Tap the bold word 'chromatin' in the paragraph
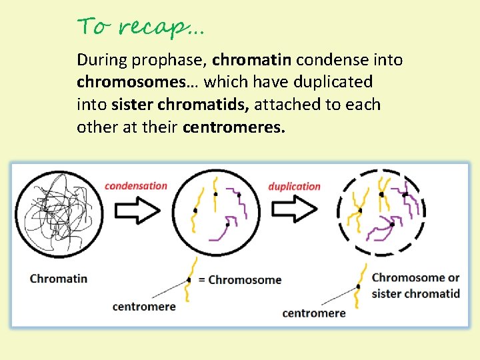tap(252, 60)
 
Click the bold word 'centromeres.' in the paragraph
tap(234, 127)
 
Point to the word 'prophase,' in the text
tap(169, 61)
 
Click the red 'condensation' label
tap(136, 186)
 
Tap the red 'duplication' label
tap(294, 187)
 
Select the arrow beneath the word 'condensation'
tap(137, 211)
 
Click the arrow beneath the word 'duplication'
tap(294, 211)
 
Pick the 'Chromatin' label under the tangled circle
tap(59, 278)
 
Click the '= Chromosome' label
tap(239, 279)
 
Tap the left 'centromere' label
tap(144, 307)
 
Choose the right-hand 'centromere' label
tap(314, 313)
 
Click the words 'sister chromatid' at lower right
tap(415, 294)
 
